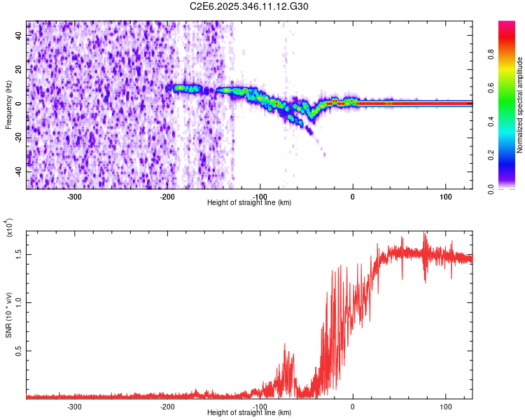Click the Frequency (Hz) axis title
coord(8,104)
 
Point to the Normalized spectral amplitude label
coord(519,105)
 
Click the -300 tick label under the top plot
coord(74,197)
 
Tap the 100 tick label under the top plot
coord(446,197)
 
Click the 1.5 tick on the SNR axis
coord(20,254)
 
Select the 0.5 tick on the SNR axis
coord(20,351)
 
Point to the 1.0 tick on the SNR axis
coord(20,302)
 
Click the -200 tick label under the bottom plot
coord(167,407)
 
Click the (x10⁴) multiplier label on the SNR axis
coord(8,228)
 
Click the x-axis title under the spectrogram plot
coord(249,203)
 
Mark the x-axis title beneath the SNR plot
coord(249,413)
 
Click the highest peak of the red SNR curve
coord(424,234)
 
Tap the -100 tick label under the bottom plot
coord(260,407)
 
